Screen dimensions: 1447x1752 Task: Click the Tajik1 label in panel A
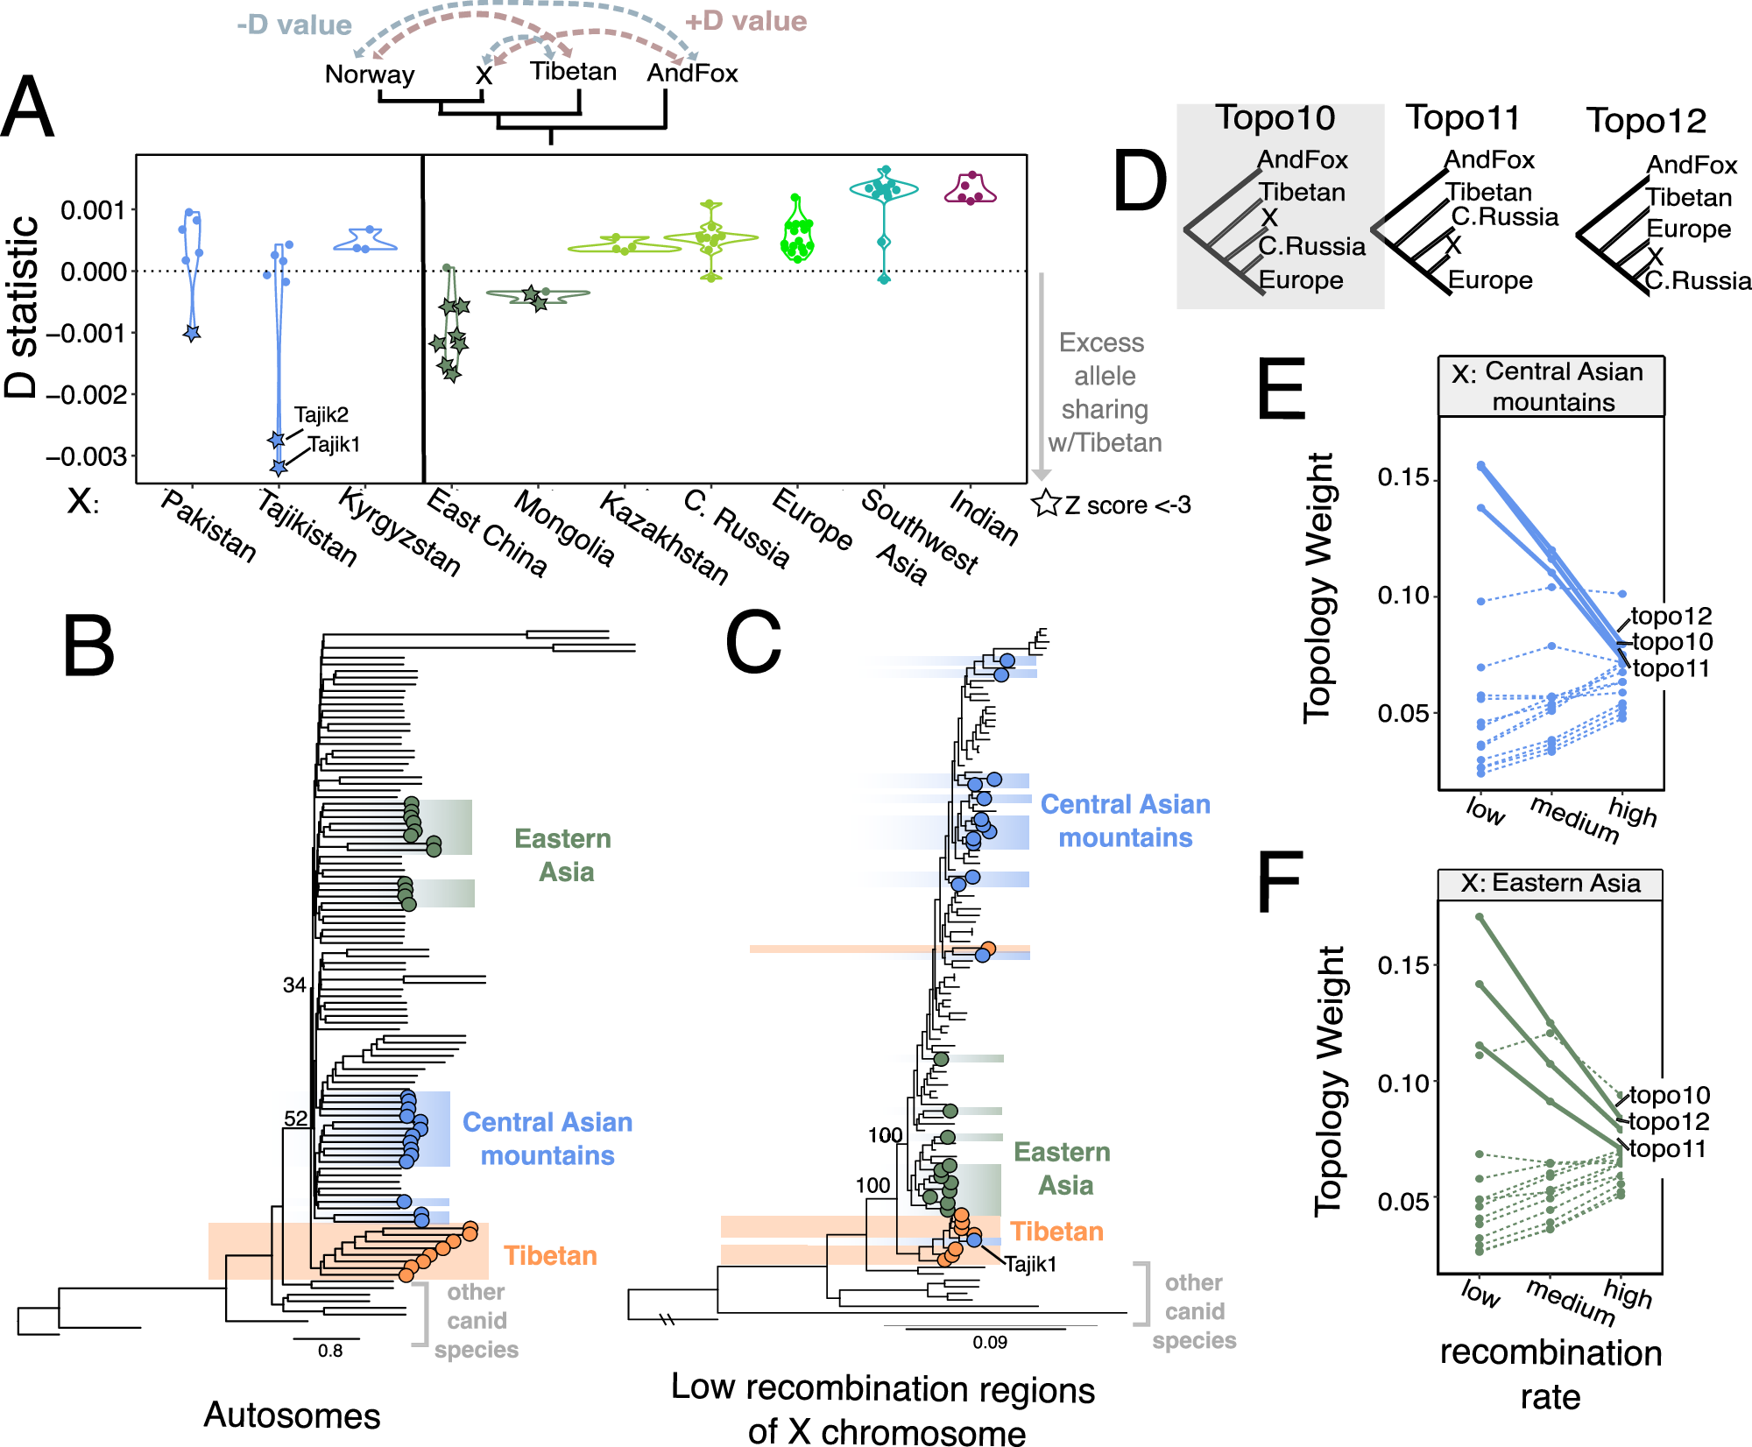[334, 444]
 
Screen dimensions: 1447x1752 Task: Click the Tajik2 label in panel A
[321, 414]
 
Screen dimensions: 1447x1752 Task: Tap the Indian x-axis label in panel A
[985, 518]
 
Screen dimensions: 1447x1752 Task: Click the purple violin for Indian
[970, 189]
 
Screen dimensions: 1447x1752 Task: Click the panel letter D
[1139, 182]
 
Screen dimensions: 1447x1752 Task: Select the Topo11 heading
[1462, 117]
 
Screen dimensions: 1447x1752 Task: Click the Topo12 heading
[1646, 121]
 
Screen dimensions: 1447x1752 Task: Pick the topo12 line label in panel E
[1671, 616]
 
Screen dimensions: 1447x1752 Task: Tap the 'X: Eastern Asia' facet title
[1550, 883]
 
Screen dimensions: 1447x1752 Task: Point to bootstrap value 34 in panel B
[294, 985]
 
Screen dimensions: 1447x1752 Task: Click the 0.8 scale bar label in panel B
[330, 1351]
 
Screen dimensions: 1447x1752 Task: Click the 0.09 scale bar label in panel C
[990, 1342]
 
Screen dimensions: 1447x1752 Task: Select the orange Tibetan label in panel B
[550, 1255]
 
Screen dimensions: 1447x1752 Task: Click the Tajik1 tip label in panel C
[1030, 1264]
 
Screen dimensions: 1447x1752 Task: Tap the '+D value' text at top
[745, 21]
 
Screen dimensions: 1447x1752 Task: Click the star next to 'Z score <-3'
[1046, 505]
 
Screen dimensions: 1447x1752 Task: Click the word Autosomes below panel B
[292, 1415]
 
